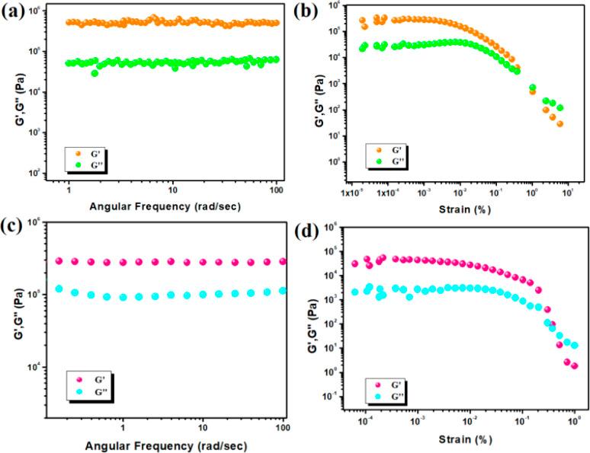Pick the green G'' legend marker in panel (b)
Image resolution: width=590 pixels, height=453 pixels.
tap(379, 161)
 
